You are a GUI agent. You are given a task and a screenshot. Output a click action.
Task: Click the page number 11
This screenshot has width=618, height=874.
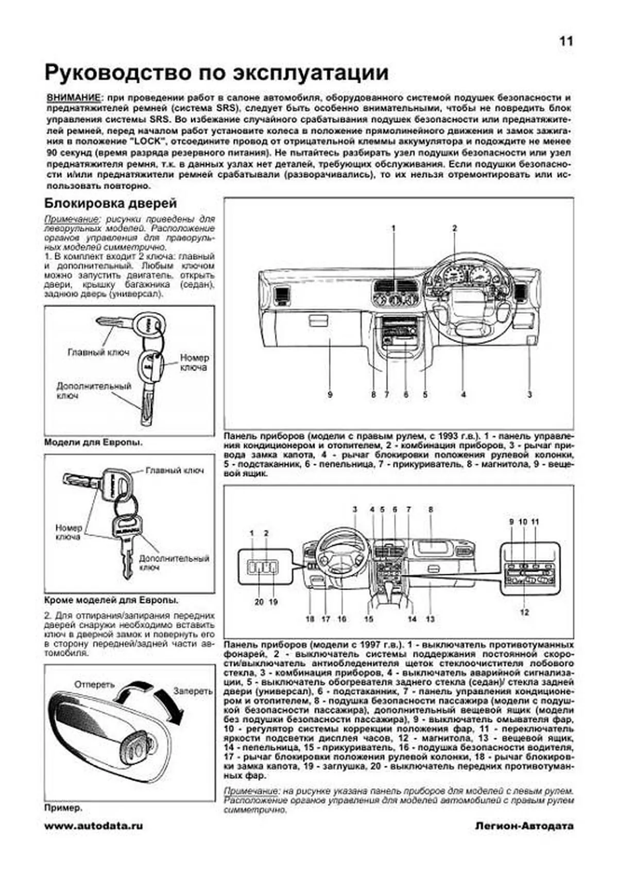(x=566, y=42)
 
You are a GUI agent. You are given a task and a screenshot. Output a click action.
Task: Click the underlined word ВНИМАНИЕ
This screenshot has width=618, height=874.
(x=73, y=97)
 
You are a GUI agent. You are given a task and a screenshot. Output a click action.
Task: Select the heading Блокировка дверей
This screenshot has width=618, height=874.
(x=111, y=203)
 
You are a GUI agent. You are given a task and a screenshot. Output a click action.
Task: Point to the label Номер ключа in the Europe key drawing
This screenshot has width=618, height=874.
(x=194, y=362)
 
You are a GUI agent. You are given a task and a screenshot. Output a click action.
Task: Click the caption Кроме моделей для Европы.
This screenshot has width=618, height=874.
(x=112, y=600)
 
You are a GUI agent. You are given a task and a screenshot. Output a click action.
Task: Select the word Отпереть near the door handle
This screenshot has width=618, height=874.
(x=94, y=684)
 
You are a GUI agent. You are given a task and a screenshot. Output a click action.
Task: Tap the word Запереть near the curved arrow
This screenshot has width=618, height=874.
(x=193, y=691)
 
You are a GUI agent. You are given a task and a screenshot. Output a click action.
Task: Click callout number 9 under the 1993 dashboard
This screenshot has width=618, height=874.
(x=330, y=395)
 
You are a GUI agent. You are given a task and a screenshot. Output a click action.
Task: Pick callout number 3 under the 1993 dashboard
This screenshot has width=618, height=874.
(x=529, y=395)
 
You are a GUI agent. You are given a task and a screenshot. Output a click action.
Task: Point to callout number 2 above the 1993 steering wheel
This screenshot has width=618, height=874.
(x=454, y=228)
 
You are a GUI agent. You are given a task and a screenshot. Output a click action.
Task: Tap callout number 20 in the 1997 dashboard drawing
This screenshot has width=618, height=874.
(x=259, y=602)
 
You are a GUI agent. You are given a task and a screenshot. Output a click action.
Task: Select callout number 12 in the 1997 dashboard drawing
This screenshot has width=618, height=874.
(x=524, y=612)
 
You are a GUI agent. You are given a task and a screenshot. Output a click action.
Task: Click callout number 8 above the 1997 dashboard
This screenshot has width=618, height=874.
(x=431, y=509)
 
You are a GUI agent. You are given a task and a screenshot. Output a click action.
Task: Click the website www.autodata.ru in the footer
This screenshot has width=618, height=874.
(x=94, y=825)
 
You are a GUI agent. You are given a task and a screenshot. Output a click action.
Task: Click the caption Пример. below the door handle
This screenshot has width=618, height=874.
(x=63, y=808)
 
